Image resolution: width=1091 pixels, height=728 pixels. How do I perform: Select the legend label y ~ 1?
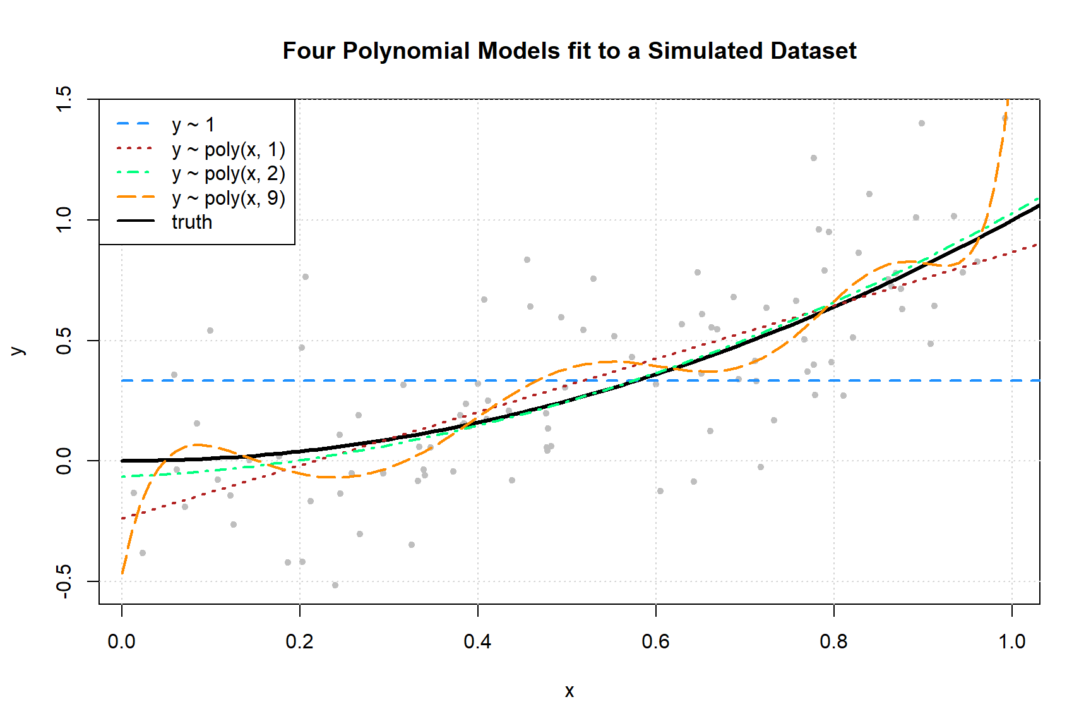(x=193, y=125)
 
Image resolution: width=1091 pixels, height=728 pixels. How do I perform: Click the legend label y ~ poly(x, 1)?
(x=228, y=150)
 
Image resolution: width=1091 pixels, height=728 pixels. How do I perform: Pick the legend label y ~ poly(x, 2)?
(x=228, y=174)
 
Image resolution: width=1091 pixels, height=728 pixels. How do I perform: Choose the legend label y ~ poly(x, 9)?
(x=228, y=198)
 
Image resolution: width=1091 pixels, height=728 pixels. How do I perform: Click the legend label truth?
(x=192, y=222)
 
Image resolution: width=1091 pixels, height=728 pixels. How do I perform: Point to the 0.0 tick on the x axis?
(x=122, y=641)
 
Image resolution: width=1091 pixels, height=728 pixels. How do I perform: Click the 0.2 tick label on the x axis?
(x=300, y=641)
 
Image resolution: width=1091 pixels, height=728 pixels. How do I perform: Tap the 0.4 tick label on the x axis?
(x=478, y=641)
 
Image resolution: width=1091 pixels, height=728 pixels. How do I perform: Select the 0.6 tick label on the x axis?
(x=656, y=641)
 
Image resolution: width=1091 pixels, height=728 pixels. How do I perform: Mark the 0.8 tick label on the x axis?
(x=834, y=641)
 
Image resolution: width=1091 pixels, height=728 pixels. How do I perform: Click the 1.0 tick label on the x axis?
(x=1012, y=641)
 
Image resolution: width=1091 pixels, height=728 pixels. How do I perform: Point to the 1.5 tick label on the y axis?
(x=64, y=99)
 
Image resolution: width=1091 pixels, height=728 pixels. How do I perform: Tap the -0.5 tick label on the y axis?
(x=64, y=581)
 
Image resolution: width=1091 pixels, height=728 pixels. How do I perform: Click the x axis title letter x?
(x=569, y=691)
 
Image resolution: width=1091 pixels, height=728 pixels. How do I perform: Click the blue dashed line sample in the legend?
(x=135, y=124)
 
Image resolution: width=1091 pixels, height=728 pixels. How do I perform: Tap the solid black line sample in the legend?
(x=135, y=221)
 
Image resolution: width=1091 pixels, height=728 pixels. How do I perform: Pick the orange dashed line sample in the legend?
(x=135, y=197)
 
